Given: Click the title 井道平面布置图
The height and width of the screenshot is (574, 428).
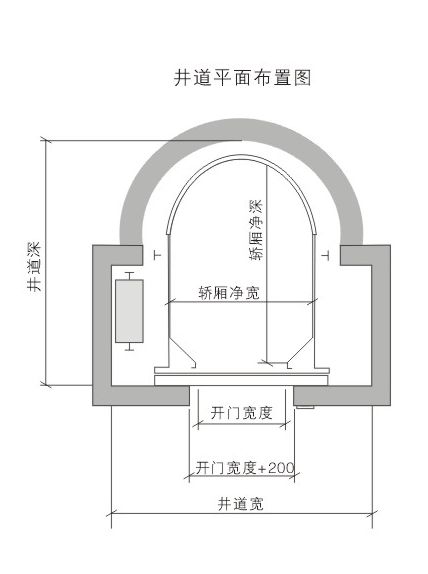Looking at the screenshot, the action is pos(242,78).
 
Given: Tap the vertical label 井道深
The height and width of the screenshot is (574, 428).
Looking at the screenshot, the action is pos(34,266).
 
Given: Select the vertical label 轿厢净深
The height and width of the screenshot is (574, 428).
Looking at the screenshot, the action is pos(256,230).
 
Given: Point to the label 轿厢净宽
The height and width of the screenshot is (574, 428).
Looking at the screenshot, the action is pos(229,292).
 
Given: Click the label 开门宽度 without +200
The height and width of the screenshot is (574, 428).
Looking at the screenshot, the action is pos(242,413).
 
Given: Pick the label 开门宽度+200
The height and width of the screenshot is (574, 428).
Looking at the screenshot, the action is pos(245,468).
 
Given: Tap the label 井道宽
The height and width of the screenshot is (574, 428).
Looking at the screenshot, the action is pos(241,504).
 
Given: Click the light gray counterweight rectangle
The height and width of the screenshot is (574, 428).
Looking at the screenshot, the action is pos(129,311).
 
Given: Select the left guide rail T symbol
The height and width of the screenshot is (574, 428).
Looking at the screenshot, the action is pos(158,255).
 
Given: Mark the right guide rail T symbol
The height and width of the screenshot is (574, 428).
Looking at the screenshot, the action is pos(325,255).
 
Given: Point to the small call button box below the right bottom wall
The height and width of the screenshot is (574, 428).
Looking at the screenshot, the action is pos(305,407).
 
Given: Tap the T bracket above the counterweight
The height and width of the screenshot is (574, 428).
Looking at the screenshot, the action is pos(129,276).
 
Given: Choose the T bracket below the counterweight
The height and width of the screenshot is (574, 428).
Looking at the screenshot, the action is pos(129,347).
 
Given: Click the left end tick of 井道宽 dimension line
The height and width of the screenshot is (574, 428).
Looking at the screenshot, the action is pos(111,514).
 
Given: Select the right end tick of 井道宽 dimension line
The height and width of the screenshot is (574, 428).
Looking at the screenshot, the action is pos(372,514).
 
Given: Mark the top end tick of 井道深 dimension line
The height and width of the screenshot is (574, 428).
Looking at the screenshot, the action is pos(46,140).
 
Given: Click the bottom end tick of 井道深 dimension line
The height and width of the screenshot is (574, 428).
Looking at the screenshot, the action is pos(46,385).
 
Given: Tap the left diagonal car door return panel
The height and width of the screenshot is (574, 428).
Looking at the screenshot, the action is pos(182,352).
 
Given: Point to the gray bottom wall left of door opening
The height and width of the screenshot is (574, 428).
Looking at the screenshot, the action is pos(141,396).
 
